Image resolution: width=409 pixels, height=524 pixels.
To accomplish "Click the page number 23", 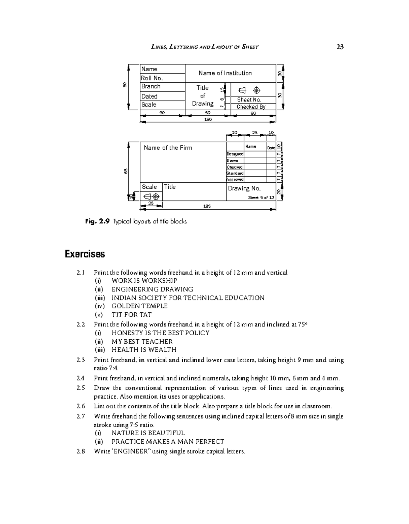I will coord(340,47).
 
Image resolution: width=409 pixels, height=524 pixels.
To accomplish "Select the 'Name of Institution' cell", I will coord(225,73).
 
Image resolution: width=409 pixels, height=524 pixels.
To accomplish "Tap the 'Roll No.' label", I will coord(152,78).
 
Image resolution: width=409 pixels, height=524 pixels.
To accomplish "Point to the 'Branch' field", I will coord(151,87).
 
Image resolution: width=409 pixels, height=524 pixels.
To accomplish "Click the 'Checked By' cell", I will coord(251,107).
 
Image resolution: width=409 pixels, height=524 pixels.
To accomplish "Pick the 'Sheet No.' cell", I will coord(249,100).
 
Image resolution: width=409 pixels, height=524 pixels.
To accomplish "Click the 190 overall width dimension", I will coord(208,119).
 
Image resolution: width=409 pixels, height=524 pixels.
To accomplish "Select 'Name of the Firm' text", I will coord(168,148).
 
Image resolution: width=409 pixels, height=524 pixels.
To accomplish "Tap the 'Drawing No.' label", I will coord(244,188).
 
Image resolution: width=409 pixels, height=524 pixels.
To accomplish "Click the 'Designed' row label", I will coord(235,154).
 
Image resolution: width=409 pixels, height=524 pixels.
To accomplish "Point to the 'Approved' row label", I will coord(235,180).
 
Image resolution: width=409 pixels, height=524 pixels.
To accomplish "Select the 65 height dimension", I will coord(126,171).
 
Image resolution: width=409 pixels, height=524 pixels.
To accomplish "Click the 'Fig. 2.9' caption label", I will coord(97,222).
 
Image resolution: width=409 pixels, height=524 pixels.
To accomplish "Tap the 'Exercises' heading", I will coord(85,254).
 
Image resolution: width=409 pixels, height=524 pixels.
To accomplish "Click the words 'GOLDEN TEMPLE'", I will coord(139,306).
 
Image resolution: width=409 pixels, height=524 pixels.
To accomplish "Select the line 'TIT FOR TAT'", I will coord(132,315).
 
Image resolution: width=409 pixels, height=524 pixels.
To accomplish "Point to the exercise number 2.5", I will coord(81,388).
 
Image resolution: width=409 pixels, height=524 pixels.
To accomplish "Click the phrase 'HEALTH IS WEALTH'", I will coord(144,350).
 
